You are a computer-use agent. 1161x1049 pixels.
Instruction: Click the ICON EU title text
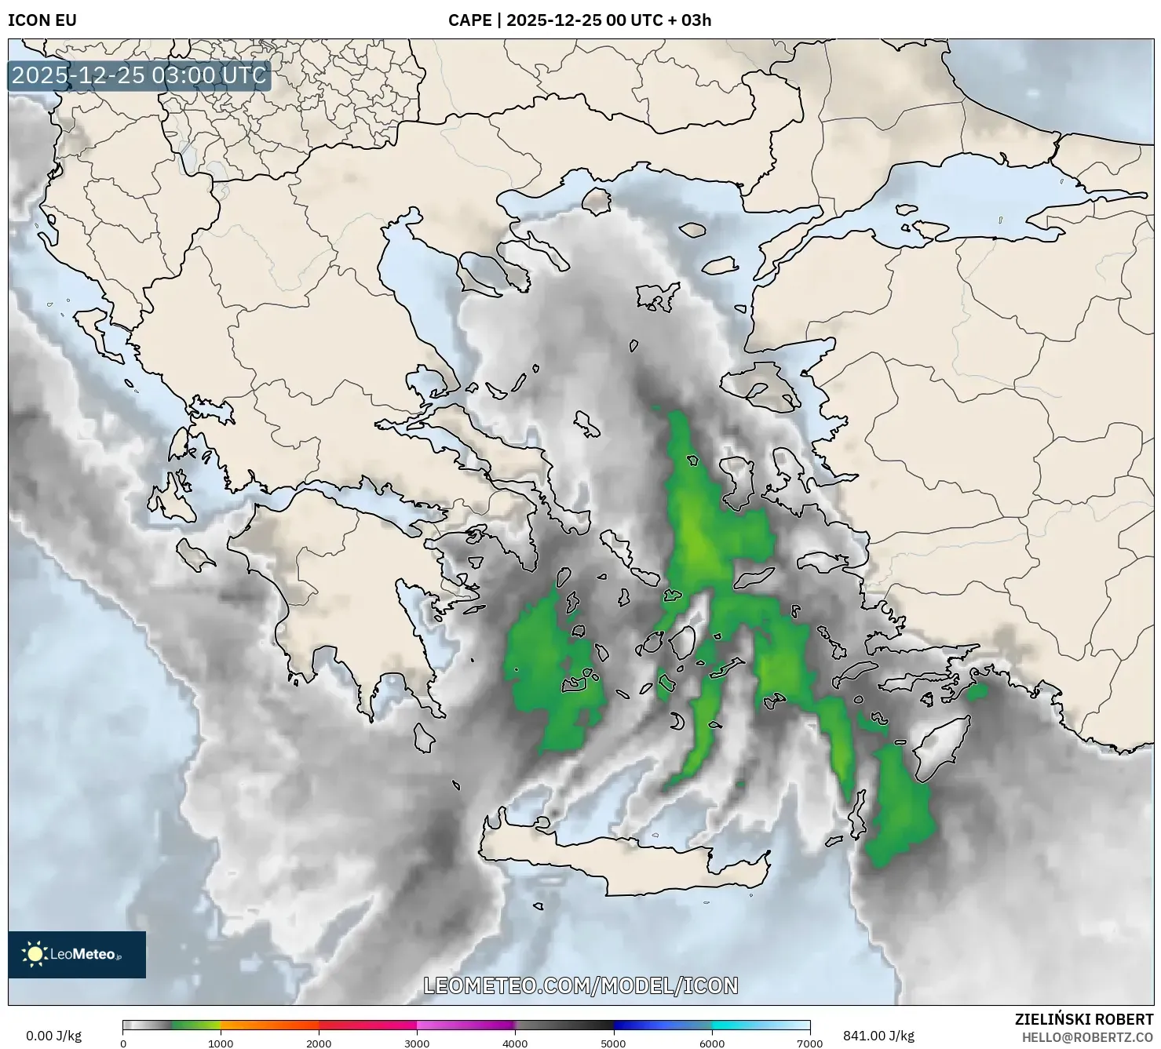[x=42, y=20]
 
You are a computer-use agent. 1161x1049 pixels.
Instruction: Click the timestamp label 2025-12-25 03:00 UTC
[x=139, y=76]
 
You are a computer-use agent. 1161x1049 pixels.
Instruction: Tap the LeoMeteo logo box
[x=77, y=955]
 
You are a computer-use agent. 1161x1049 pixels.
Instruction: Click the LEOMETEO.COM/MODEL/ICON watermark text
[x=580, y=985]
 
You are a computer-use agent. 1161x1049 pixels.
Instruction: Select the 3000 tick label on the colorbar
[x=417, y=1043]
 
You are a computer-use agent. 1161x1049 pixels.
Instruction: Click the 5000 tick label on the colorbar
[x=613, y=1043]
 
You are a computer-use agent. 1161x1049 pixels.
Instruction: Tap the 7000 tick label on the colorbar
[x=809, y=1043]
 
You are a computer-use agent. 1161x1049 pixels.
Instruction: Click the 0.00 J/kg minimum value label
[x=54, y=1036]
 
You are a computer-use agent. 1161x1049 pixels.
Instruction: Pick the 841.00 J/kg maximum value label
[x=878, y=1036]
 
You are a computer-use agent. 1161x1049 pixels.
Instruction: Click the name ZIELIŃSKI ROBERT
[x=1084, y=1020]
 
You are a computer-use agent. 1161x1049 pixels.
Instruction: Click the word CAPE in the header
[x=469, y=20]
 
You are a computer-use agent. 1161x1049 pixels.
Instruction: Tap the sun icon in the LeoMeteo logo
[x=35, y=954]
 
